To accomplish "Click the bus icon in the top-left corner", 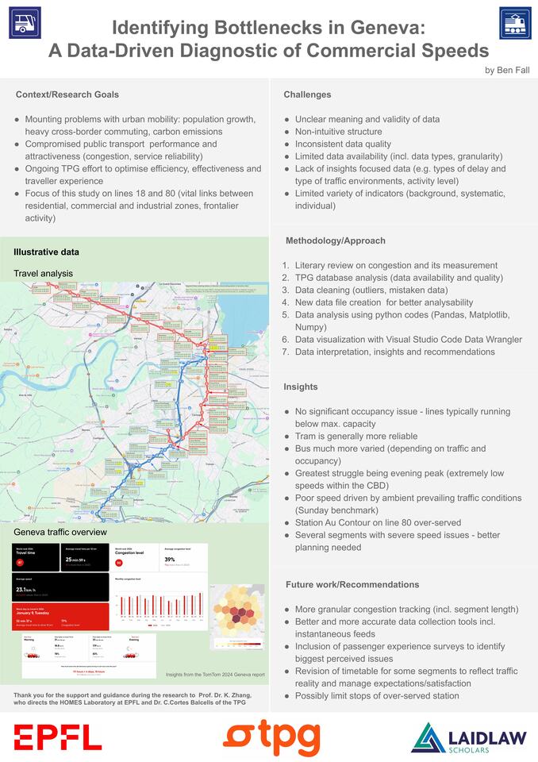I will point(25,23).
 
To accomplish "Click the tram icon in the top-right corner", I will point(515,23).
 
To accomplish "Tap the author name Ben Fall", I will point(507,70).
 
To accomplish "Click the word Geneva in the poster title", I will point(379,29).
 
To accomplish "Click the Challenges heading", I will point(307,94).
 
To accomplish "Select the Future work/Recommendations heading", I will point(352,584).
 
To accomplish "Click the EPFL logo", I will point(57,737).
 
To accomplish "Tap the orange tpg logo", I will point(271,737).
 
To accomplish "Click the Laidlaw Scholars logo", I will point(469,737).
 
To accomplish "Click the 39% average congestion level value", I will point(170,559).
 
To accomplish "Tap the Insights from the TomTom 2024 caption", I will point(214,675).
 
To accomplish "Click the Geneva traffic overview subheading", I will point(60,531).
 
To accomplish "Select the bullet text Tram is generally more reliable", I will point(357,437).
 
